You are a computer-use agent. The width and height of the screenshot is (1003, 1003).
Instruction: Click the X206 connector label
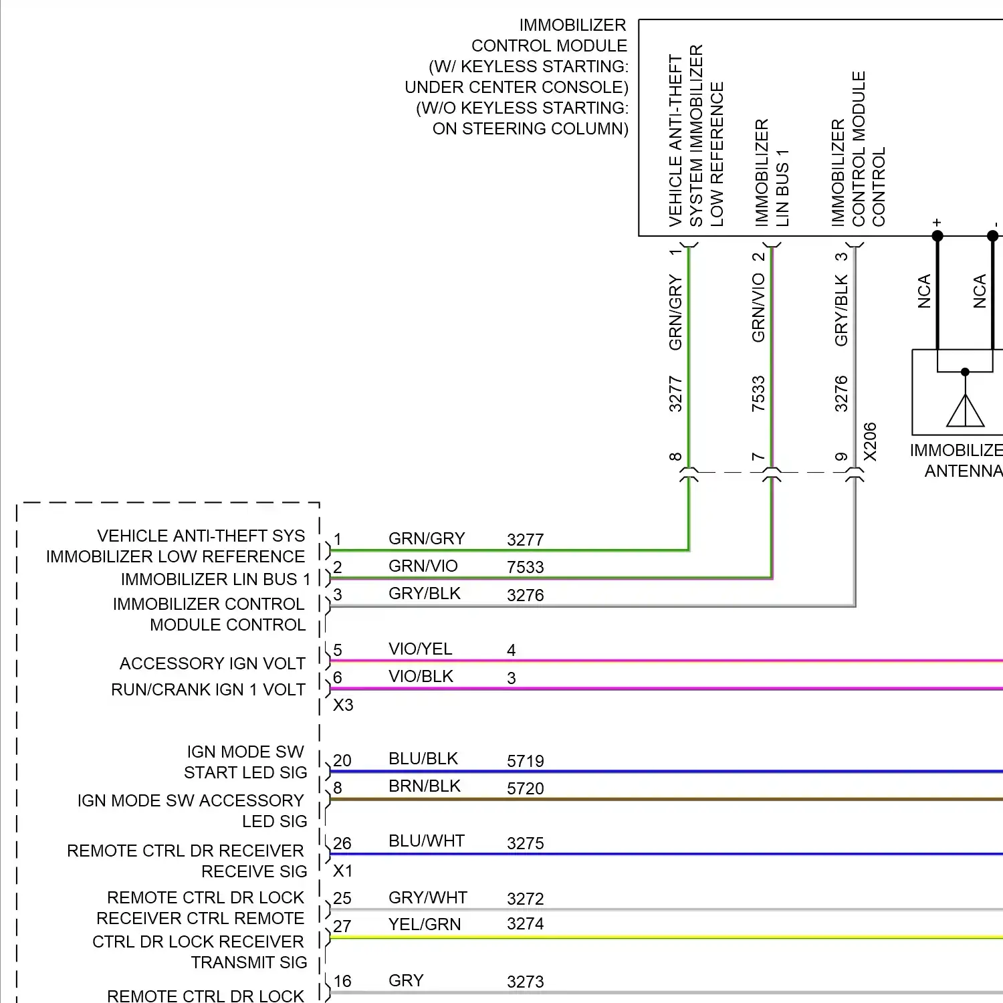[869, 441]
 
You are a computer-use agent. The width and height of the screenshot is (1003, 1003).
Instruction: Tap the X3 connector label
[343, 705]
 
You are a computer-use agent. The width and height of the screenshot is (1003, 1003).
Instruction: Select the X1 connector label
[343, 871]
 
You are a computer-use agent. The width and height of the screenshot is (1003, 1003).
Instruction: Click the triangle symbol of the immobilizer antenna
[965, 411]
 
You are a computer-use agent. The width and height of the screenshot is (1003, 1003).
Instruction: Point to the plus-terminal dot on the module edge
[937, 235]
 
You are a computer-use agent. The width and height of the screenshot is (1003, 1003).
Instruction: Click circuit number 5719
[526, 761]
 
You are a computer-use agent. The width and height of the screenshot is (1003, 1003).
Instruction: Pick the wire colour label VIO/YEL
[421, 649]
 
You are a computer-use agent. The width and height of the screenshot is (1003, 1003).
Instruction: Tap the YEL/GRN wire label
[425, 924]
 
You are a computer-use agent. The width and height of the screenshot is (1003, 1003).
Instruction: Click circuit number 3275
[526, 843]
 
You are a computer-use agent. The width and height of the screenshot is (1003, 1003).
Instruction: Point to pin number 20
[342, 760]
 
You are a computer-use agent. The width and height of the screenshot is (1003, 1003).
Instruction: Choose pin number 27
[342, 926]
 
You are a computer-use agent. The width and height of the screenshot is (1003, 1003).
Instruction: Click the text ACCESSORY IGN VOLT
[213, 663]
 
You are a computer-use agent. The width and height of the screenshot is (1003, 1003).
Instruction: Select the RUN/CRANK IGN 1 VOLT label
[208, 689]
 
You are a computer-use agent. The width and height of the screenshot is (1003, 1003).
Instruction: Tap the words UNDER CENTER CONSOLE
[516, 87]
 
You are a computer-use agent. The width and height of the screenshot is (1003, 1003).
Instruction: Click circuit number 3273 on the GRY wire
[526, 982]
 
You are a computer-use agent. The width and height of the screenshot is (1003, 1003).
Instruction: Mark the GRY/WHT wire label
[428, 897]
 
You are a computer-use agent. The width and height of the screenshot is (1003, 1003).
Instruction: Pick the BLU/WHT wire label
[427, 841]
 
